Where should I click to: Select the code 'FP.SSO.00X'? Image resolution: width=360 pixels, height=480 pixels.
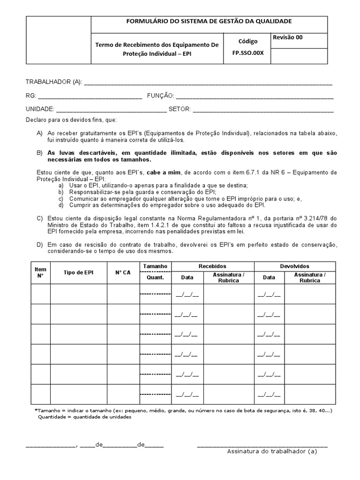pos(248,53)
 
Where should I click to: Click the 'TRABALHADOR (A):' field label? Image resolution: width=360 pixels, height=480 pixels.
pos(53,82)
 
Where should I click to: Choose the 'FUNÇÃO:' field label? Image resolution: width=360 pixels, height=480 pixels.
pos(160,96)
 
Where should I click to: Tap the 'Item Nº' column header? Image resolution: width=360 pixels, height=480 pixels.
pos(41,272)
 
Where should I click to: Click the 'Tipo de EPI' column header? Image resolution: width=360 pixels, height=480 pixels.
pos(78,272)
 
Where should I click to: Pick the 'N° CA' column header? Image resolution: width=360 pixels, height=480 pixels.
pos(123,272)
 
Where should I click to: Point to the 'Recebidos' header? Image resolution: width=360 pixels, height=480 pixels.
pos(212,266)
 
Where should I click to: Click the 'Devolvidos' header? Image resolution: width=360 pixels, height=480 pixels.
pos(294,266)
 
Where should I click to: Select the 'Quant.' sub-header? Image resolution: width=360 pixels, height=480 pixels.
pos(155,277)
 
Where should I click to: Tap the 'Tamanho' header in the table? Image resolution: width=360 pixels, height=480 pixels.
pos(155,266)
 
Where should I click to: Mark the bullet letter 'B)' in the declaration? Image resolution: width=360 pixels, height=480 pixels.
pos(39,153)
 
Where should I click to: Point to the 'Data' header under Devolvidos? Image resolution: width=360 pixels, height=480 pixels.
pos(269,277)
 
